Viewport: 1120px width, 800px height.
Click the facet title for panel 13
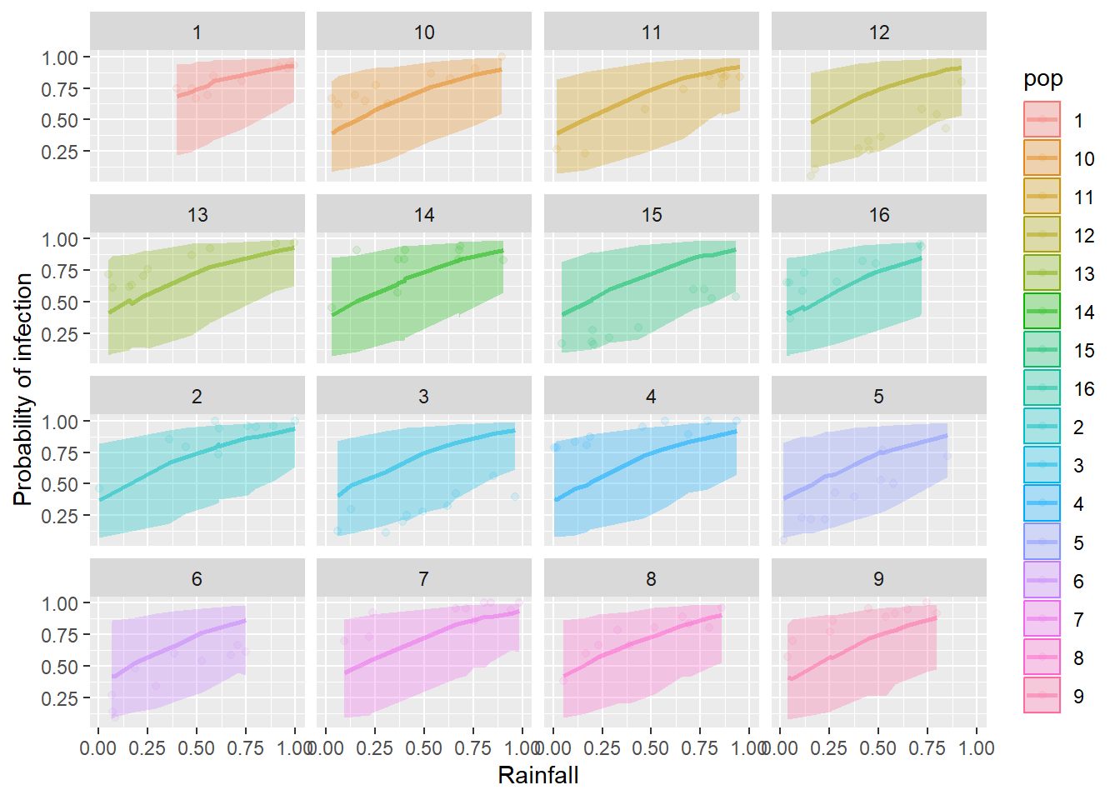coord(197,215)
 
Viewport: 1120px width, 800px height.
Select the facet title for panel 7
coord(424,579)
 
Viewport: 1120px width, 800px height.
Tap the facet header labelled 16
coord(879,215)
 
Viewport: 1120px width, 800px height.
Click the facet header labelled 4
coord(651,397)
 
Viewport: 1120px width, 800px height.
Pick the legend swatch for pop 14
coord(1042,312)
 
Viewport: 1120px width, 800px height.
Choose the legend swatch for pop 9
coord(1042,696)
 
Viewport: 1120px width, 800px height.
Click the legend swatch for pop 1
coord(1042,120)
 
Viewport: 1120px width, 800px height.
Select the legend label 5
coord(1078,543)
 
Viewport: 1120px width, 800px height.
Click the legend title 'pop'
coord(1043,79)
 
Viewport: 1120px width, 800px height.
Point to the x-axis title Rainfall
coord(537,776)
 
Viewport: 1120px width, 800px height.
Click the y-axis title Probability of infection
coord(23,389)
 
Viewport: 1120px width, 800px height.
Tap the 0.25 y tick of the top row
coord(60,152)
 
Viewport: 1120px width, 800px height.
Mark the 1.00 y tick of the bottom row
coord(60,603)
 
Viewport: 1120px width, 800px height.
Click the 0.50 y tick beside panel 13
coord(60,302)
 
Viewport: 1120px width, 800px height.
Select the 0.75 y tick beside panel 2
coord(60,453)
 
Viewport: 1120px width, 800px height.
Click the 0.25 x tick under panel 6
coord(147,748)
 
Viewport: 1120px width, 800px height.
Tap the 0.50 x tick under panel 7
coord(424,748)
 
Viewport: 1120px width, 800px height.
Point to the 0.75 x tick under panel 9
coord(927,748)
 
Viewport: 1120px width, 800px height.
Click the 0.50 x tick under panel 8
coord(651,748)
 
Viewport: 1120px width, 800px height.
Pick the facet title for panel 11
coord(652,32)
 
